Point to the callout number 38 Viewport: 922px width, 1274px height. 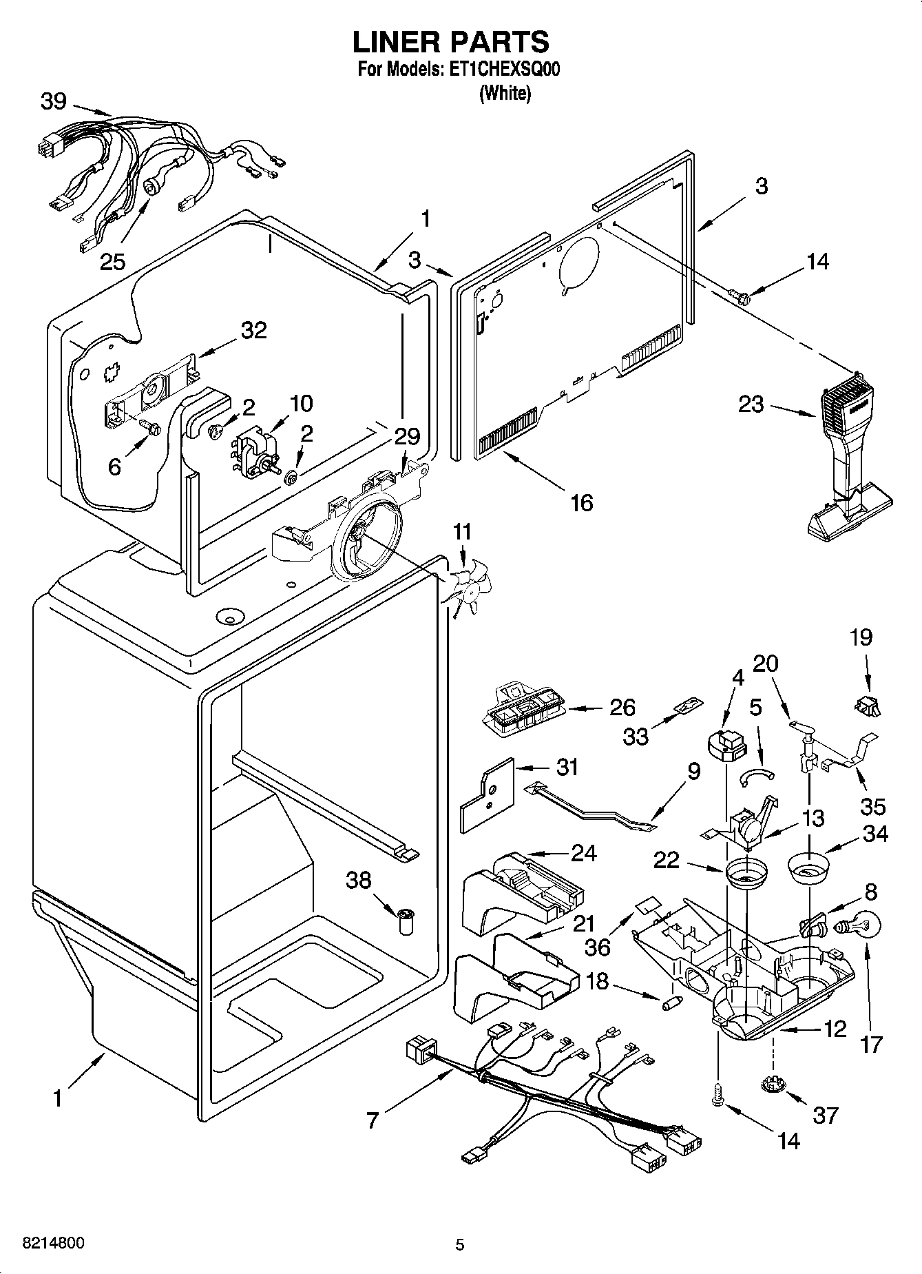click(x=359, y=880)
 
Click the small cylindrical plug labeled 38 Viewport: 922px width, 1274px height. click(x=407, y=921)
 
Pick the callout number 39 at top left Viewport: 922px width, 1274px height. click(x=54, y=101)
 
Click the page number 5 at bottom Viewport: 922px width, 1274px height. click(x=460, y=1244)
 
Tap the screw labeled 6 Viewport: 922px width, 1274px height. click(x=149, y=427)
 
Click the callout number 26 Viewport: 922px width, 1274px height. click(x=622, y=708)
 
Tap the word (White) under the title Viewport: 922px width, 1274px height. click(x=505, y=92)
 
